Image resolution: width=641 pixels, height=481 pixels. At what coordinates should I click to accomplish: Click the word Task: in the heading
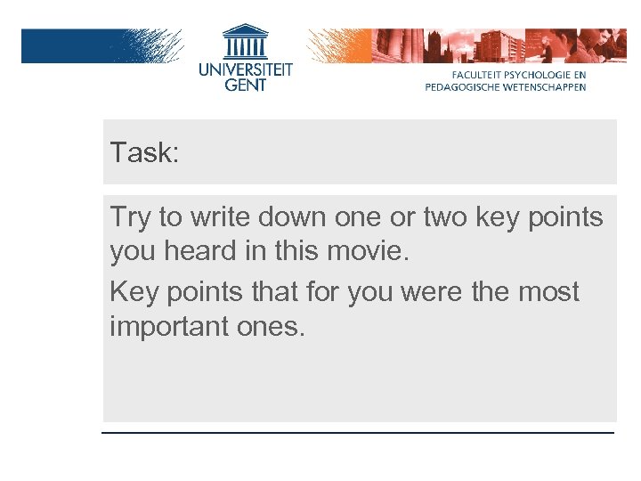tap(144, 152)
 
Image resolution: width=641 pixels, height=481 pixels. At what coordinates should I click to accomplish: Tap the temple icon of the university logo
tap(245, 43)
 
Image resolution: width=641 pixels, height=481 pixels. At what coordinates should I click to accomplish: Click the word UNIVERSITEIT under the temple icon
tap(245, 69)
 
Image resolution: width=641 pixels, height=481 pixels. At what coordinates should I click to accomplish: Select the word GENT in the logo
tap(245, 85)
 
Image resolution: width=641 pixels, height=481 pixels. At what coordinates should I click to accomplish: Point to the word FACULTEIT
tap(481, 75)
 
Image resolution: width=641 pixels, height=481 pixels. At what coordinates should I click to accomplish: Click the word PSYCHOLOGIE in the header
tap(538, 75)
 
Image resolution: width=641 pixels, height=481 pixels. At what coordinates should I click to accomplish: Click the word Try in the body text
tap(130, 217)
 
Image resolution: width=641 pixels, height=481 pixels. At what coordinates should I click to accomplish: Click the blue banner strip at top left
tap(80, 45)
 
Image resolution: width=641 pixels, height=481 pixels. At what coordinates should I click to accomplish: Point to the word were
tap(418, 292)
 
